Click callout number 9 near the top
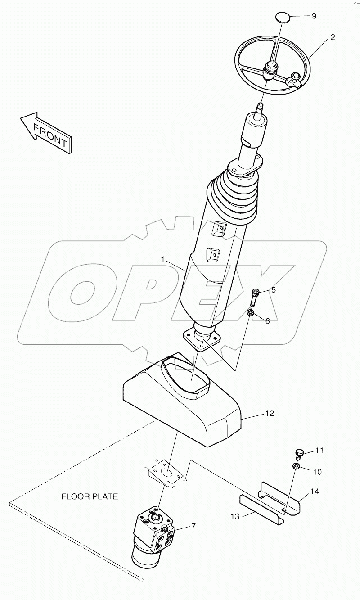pyautogui.click(x=314, y=16)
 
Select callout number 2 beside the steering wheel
pyautogui.click(x=332, y=37)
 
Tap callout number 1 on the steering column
pyautogui.click(x=164, y=259)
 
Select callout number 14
pyautogui.click(x=315, y=492)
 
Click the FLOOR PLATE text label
pyautogui.click(x=90, y=497)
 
